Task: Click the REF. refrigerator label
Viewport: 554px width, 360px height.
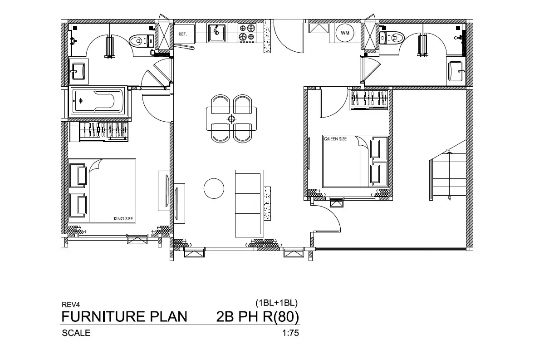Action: (x=182, y=34)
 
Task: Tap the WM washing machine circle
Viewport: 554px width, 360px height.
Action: (x=345, y=33)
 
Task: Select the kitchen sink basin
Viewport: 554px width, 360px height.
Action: (x=216, y=33)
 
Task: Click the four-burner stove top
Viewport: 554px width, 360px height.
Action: (x=247, y=33)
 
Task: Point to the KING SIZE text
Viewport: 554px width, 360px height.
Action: (x=123, y=218)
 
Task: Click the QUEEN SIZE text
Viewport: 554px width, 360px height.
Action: (x=335, y=139)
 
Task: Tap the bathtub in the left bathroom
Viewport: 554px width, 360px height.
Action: (x=97, y=101)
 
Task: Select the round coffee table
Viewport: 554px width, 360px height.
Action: (x=214, y=188)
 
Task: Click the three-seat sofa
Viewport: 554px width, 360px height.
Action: (x=249, y=203)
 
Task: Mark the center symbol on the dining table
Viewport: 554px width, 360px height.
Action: (x=231, y=119)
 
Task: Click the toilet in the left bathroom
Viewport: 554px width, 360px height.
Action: (x=142, y=40)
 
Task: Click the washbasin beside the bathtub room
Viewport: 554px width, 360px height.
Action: (x=78, y=71)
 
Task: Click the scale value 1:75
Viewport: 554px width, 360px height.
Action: (x=290, y=333)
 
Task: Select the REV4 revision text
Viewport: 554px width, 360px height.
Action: (x=71, y=305)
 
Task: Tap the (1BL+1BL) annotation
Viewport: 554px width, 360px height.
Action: (x=276, y=303)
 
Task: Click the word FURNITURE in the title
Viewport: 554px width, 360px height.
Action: (x=103, y=316)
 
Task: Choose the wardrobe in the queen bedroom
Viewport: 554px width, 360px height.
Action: (x=368, y=99)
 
